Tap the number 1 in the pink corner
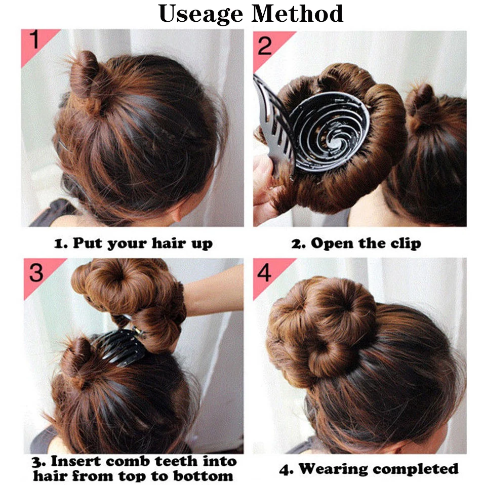click(x=34, y=41)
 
